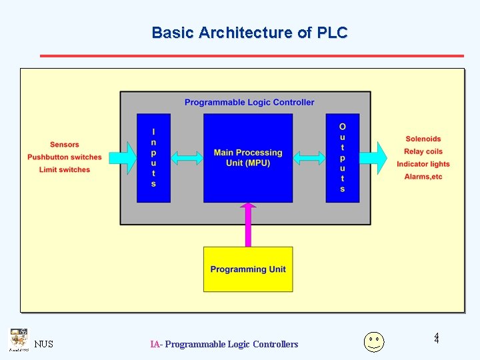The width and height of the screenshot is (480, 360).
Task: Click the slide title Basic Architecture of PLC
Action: point(249,33)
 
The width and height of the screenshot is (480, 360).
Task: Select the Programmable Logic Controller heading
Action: point(249,102)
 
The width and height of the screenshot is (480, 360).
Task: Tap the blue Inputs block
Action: point(153,158)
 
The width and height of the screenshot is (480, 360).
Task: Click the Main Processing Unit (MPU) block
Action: point(248,158)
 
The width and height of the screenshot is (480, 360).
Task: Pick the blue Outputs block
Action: point(343,158)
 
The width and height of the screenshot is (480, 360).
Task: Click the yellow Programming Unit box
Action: point(248,269)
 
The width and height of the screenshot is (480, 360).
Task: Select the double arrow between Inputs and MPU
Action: point(187,158)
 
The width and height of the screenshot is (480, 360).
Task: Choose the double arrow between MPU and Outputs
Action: point(309,158)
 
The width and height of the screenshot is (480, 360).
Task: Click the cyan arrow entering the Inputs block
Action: point(121,157)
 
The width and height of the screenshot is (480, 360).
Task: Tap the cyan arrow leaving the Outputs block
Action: point(375,157)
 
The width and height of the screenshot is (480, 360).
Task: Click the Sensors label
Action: point(65,145)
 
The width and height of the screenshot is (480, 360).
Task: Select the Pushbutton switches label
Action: point(65,157)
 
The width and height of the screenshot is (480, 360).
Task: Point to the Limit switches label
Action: point(65,170)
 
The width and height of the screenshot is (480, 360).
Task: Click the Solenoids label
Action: point(423,139)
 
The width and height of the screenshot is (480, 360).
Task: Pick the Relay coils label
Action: point(423,151)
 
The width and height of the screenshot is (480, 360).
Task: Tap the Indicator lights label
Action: point(423,164)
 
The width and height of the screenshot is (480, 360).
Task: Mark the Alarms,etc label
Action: point(423,177)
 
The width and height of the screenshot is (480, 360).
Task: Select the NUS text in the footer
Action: point(44,345)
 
